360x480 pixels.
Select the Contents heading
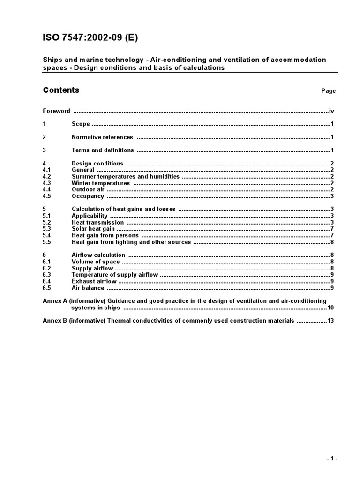[61, 90]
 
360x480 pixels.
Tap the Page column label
[328, 91]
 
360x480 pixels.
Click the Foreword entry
[56, 111]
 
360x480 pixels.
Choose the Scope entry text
[81, 124]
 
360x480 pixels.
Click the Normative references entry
[102, 137]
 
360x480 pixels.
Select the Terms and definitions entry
[103, 150]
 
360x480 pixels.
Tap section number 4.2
[47, 177]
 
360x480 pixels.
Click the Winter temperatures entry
[101, 183]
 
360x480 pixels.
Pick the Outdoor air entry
[88, 190]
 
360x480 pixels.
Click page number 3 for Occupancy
[332, 196]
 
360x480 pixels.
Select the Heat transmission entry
[97, 223]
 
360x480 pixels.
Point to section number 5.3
[47, 229]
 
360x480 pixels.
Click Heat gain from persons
[105, 236]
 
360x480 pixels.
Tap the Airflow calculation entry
[98, 255]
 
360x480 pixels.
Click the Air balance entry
[88, 288]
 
